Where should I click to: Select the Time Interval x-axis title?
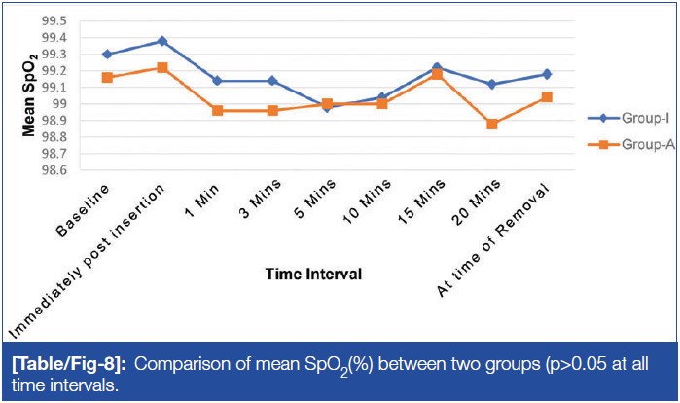coord(315,275)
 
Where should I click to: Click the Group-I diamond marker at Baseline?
coord(107,55)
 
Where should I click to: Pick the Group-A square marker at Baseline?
coord(107,77)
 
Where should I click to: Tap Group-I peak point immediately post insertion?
coord(162,41)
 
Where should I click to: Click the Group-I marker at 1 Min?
coord(217,81)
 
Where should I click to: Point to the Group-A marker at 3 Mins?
coord(272,110)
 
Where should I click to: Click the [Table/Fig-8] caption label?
coord(72,363)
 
